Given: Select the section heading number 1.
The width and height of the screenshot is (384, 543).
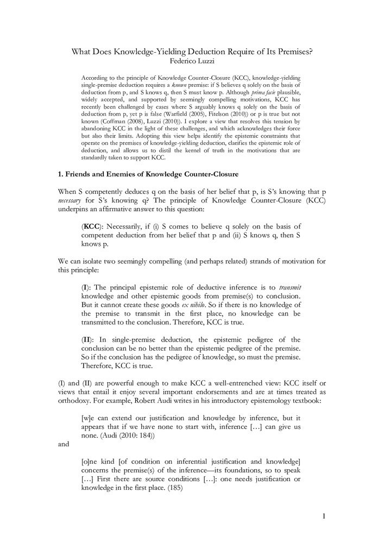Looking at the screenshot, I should (60, 174).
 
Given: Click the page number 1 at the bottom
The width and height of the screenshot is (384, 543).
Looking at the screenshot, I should (324, 516).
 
